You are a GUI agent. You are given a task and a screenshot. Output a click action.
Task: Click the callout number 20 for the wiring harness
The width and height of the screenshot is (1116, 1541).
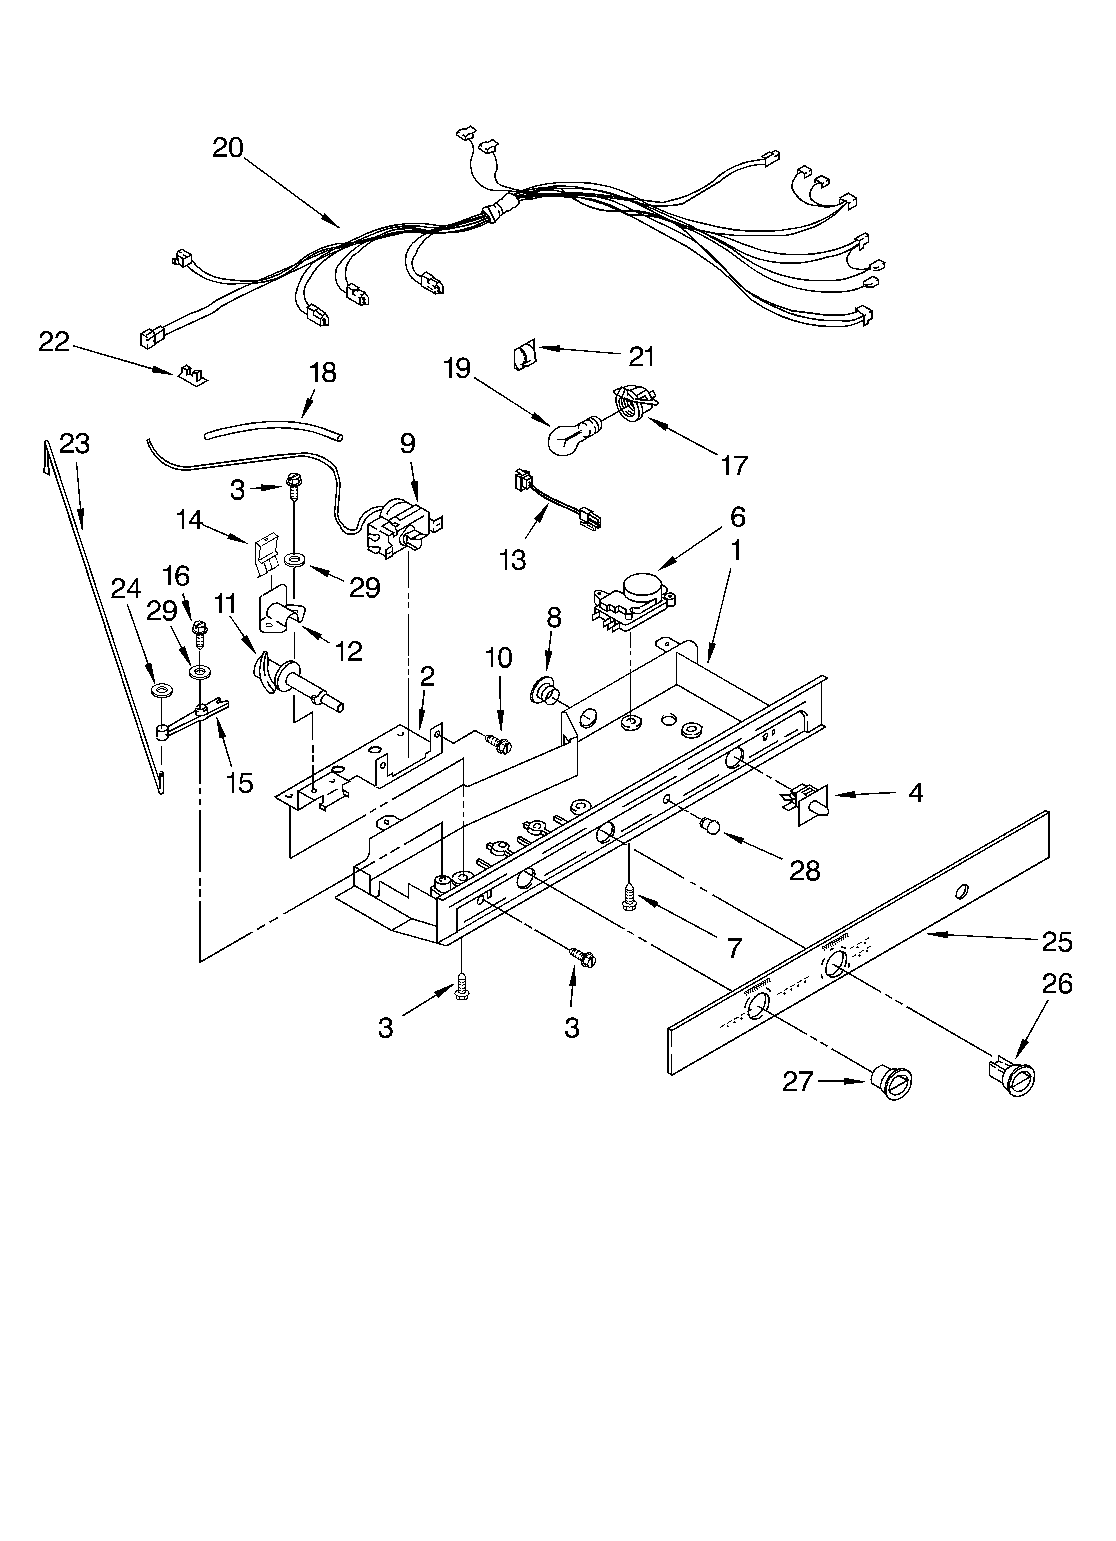click(228, 147)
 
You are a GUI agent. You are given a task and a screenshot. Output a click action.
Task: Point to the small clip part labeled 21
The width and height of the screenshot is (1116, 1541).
click(524, 355)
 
